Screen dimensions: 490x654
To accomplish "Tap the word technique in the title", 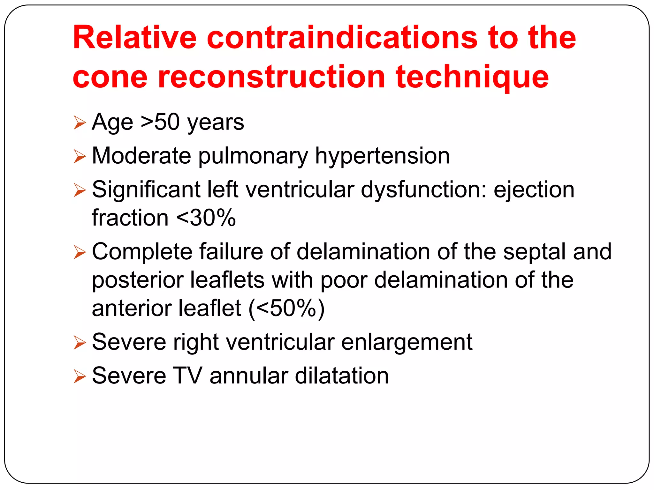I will point(472,78).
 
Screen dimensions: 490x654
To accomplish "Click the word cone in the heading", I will point(110,78).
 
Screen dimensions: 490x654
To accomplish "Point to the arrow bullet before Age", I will point(80,123).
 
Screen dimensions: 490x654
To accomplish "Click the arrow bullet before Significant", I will point(80,190).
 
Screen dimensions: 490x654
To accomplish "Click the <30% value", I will point(206,218).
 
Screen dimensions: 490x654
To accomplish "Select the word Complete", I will point(142,252).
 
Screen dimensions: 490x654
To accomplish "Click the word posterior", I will point(138,280).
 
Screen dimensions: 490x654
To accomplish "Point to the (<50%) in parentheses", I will point(286,308).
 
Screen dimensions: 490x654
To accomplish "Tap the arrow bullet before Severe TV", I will point(80,376).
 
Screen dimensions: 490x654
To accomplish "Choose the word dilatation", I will point(342,376).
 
